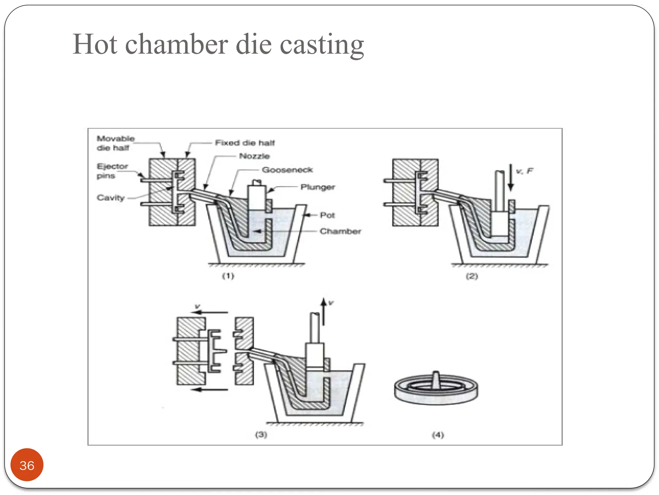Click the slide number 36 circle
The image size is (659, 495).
27,465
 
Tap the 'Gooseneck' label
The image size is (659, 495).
287,170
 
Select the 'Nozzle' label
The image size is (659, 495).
254,156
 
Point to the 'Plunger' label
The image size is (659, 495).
318,187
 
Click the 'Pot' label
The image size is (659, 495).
327,215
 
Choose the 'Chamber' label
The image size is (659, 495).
340,231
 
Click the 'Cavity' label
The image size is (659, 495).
110,198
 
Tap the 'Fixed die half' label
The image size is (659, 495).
245,143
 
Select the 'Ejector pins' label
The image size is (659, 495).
112,171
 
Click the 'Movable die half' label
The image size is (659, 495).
115,143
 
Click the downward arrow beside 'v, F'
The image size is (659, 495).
510,177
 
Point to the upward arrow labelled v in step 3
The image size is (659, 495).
324,311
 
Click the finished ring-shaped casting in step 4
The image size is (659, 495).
436,389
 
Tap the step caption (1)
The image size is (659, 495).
228,276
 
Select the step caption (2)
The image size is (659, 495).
472,276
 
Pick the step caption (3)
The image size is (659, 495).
261,435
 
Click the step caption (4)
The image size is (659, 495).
438,435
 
